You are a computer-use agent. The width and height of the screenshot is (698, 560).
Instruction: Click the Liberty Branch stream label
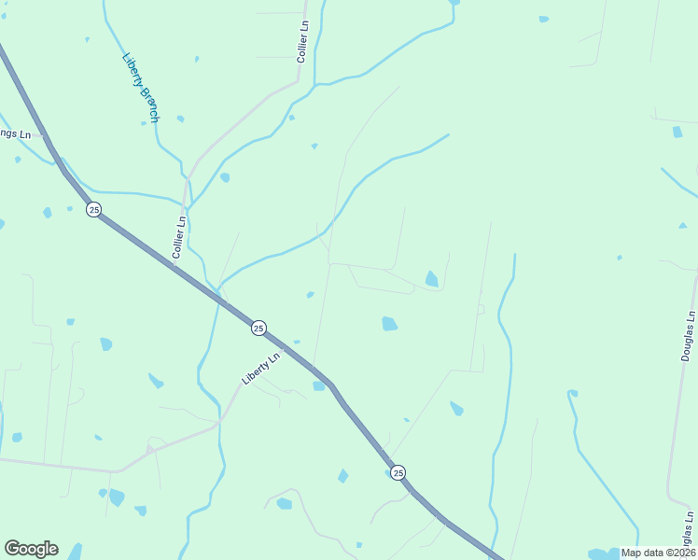coord(141,88)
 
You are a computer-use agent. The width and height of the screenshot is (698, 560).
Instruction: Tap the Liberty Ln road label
coord(261,369)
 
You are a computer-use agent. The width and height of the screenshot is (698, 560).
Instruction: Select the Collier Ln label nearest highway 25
coord(179,237)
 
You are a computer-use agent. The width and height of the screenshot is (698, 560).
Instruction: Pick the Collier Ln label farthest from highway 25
coord(302,43)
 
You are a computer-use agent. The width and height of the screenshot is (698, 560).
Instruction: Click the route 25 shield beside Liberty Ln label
coord(258,328)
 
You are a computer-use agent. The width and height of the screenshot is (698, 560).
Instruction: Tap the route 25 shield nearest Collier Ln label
coord(93,210)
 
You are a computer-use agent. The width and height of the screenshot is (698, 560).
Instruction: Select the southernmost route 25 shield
coord(398,472)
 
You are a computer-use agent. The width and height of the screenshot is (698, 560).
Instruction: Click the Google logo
coord(31,549)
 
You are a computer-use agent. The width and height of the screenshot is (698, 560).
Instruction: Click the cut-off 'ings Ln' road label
coord(15,134)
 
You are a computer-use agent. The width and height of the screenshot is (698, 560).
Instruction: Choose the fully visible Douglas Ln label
coord(688,336)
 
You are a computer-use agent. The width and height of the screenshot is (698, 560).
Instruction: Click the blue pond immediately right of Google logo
coord(75,551)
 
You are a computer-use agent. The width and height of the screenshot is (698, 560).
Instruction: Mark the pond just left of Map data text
coord(603,554)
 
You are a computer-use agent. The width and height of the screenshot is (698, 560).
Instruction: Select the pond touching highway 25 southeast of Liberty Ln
coord(319,385)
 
